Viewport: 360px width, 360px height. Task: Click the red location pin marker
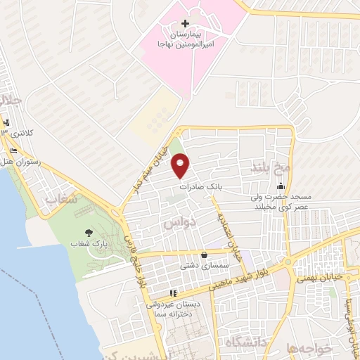[x=181, y=166]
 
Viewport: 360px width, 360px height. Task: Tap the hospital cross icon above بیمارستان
[x=186, y=24]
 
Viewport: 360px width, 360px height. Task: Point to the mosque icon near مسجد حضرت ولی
[x=281, y=187]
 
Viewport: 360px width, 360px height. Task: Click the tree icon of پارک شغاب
[x=89, y=232]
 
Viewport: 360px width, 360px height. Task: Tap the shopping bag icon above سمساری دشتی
[x=204, y=255]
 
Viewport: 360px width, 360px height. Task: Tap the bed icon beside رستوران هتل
[x=13, y=150]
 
